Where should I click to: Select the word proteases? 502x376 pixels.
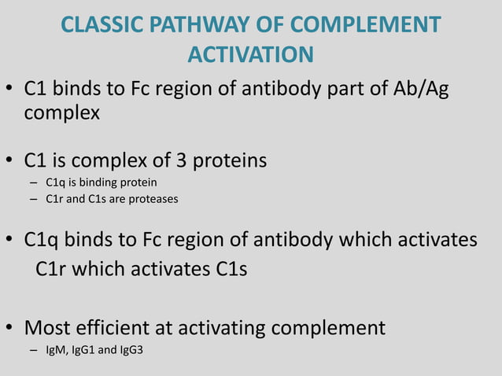[x=154, y=198]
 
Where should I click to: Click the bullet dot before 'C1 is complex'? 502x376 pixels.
[x=11, y=163]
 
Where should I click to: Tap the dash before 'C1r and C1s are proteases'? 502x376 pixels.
[x=33, y=198]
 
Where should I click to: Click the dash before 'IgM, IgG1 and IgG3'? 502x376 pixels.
[x=33, y=348]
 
